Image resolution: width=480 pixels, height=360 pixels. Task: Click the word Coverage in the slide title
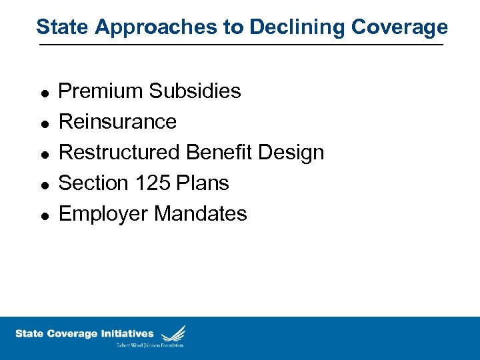(399, 27)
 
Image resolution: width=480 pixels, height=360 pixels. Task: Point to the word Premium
(101, 91)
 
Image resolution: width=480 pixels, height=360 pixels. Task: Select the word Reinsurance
(118, 121)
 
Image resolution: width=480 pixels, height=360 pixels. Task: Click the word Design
(291, 153)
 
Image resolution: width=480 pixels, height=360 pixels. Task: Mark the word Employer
(104, 214)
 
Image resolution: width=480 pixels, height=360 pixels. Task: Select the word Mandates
(201, 213)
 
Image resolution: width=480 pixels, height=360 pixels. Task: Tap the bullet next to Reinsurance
(43, 123)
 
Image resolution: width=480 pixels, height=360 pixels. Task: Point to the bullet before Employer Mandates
(43, 215)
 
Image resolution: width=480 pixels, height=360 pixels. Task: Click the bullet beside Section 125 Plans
(43, 185)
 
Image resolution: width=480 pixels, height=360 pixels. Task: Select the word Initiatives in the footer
(127, 333)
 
